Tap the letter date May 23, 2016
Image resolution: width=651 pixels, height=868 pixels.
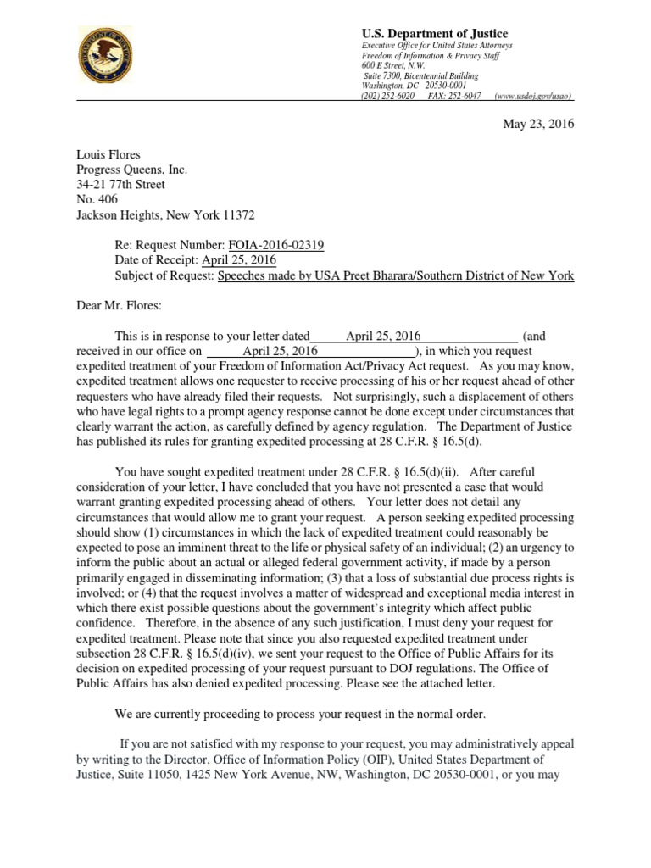pyautogui.click(x=539, y=124)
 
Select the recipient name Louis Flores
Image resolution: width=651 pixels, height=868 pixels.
pyautogui.click(x=109, y=154)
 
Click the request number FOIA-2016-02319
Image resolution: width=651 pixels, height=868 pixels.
pyautogui.click(x=276, y=246)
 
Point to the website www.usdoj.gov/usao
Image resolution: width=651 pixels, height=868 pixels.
pyautogui.click(x=533, y=96)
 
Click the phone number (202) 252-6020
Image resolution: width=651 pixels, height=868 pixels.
pyautogui.click(x=388, y=96)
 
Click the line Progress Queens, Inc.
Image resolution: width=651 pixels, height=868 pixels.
pyautogui.click(x=131, y=170)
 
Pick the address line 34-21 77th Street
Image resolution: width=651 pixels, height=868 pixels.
pyautogui.click(x=120, y=185)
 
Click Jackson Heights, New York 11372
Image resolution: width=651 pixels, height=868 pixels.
pyautogui.click(x=165, y=215)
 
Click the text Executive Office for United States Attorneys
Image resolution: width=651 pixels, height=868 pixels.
pyautogui.click(x=437, y=45)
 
